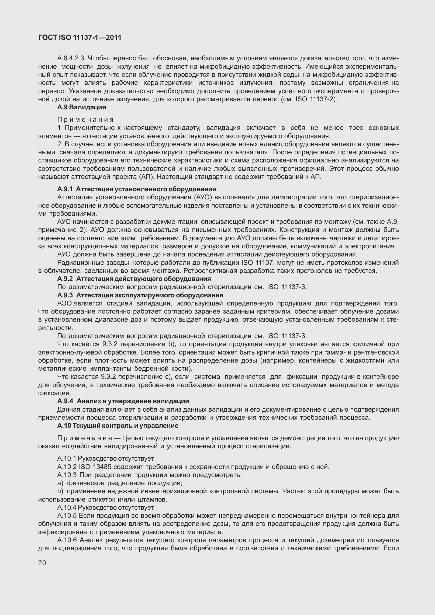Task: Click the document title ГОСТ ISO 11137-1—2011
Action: point(80,38)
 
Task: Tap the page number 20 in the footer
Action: point(42,563)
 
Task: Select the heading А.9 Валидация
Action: point(82,107)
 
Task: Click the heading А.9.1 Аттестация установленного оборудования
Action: point(137,189)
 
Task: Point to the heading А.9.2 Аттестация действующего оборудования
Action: point(134,279)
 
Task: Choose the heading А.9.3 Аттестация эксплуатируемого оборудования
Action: point(140,295)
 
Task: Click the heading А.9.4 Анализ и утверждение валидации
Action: point(123,401)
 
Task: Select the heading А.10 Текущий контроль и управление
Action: point(118,426)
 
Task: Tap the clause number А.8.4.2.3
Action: point(71,58)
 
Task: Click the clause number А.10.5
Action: point(67,516)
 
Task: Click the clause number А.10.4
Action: point(67,508)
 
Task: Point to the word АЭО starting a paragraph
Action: point(64,303)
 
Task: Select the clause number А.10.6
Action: point(67,540)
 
